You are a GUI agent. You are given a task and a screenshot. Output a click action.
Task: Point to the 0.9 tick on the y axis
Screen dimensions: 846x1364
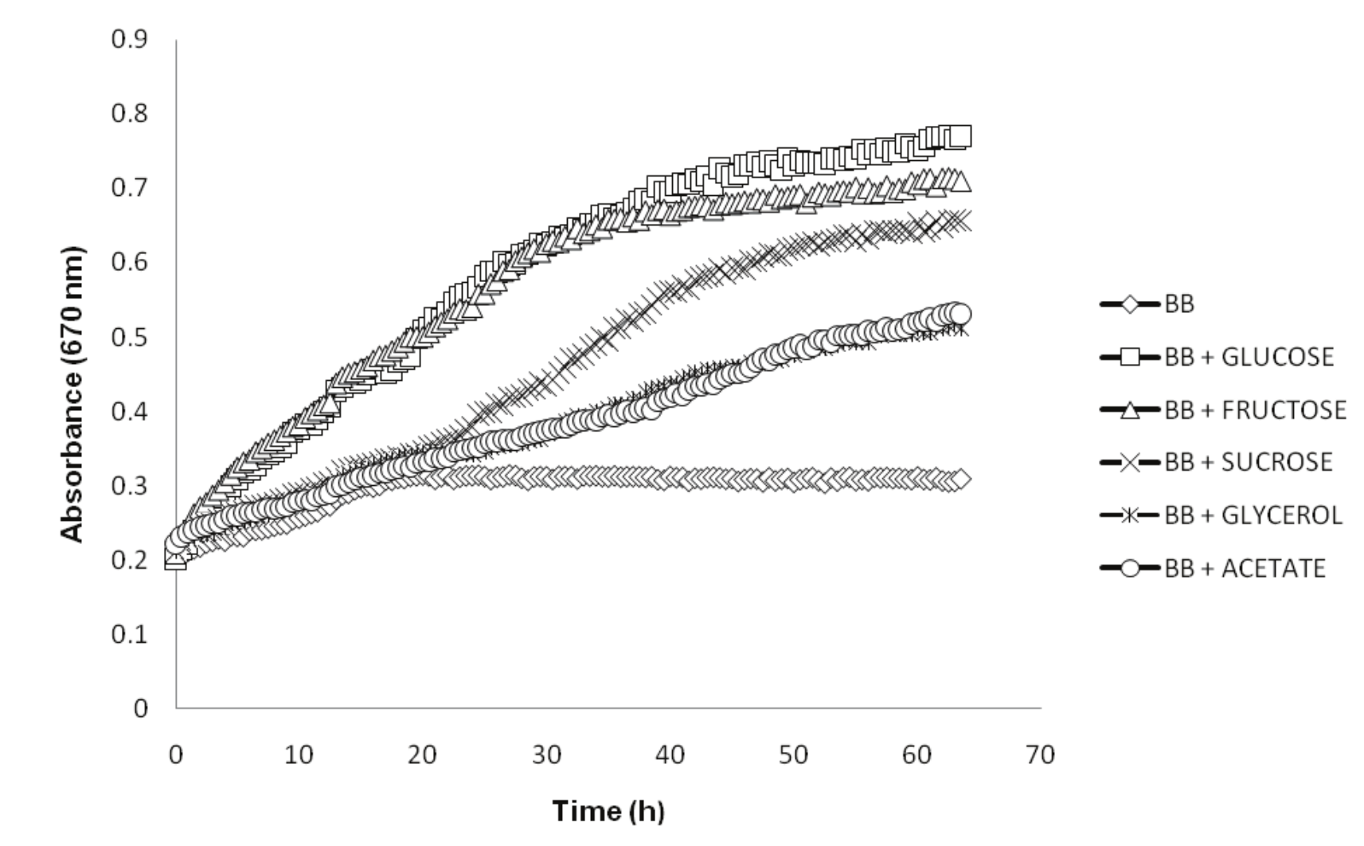point(131,39)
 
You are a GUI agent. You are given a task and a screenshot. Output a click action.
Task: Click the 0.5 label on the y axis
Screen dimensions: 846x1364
point(131,337)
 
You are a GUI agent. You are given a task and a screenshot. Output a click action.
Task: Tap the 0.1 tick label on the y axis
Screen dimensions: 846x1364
point(131,634)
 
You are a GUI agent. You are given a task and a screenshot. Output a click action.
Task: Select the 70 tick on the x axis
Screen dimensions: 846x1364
point(1041,754)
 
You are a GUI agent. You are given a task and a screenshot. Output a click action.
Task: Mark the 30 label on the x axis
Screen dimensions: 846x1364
point(546,754)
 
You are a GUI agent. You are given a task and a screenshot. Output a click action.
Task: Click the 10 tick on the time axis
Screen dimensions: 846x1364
point(299,754)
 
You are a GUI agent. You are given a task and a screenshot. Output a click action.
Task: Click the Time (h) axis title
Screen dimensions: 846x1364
point(608,811)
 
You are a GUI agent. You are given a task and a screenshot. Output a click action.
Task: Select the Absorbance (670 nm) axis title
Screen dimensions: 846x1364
point(72,394)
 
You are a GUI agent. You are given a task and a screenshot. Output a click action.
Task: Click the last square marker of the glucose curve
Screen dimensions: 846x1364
point(961,135)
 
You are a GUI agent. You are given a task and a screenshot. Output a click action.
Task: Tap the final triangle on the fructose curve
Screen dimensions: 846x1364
point(961,182)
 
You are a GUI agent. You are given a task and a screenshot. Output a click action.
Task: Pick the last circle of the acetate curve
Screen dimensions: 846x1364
point(961,313)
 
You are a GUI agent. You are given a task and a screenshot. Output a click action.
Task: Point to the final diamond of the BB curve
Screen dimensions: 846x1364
point(961,479)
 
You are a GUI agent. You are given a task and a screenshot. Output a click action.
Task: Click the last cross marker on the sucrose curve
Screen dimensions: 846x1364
point(961,220)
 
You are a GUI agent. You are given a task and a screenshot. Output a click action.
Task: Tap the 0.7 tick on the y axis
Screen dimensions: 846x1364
point(131,188)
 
